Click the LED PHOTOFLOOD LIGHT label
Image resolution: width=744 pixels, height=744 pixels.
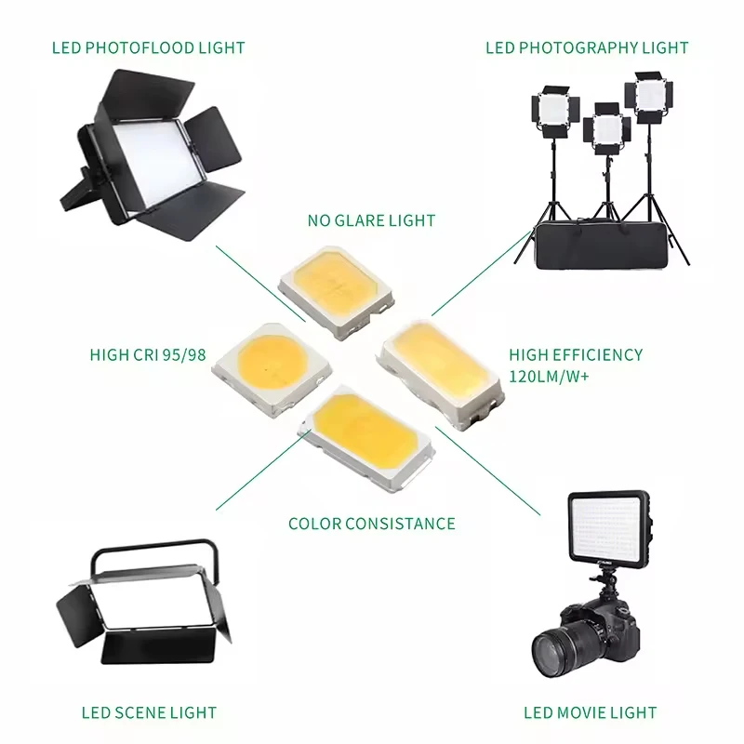(149, 47)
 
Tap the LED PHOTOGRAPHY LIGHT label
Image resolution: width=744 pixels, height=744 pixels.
(587, 47)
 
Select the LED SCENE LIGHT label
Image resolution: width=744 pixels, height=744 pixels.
(149, 713)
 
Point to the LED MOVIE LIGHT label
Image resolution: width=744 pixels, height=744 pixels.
(590, 713)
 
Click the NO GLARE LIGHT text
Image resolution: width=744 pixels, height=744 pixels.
(371, 220)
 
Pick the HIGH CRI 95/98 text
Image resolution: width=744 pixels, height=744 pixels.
(146, 354)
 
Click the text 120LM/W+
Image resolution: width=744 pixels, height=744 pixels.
(550, 377)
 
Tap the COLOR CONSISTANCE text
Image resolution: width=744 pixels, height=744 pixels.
(372, 524)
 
